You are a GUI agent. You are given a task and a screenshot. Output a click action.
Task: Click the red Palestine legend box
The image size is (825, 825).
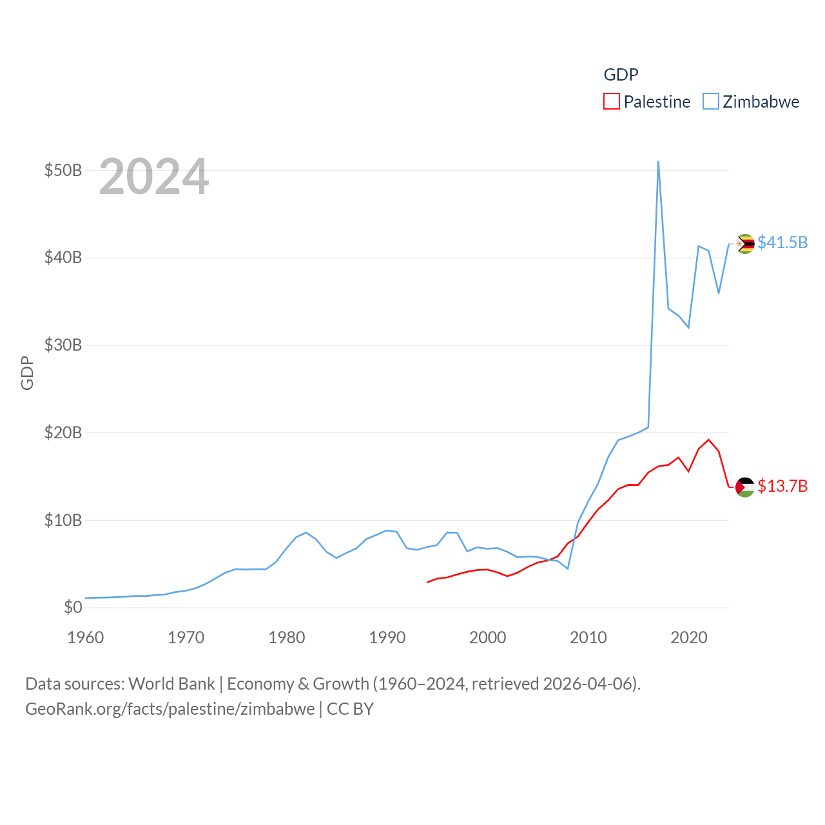point(611,102)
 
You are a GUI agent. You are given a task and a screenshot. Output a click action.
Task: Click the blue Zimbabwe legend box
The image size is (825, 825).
point(710,102)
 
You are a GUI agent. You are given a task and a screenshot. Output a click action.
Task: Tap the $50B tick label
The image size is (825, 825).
point(63,170)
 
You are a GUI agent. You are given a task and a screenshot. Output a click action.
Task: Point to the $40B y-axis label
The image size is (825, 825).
point(63,258)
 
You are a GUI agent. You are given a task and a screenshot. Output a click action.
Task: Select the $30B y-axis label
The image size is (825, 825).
point(63,345)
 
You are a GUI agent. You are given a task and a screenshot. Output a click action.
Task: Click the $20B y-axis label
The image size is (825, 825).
point(63,432)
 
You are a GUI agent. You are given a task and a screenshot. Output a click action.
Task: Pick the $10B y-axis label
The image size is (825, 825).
point(63,520)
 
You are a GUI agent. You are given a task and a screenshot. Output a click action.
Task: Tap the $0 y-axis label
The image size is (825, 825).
point(73,607)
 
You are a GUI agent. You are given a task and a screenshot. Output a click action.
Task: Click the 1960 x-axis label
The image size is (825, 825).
point(86,637)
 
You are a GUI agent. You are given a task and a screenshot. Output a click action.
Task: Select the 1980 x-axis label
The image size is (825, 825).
point(287,637)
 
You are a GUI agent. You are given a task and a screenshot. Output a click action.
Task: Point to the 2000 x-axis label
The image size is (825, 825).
point(488,637)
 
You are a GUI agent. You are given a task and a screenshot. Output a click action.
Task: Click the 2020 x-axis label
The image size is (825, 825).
point(689,637)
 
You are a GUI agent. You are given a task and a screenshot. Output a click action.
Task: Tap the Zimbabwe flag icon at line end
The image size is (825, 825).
point(745,244)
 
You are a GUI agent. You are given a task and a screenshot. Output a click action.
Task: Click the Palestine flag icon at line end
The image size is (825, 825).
point(745,487)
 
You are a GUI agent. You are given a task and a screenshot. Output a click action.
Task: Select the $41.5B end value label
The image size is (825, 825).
point(782,242)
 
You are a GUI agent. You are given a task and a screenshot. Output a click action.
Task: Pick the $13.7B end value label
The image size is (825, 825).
point(782,486)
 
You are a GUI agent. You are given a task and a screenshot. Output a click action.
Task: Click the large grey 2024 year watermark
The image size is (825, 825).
point(154,177)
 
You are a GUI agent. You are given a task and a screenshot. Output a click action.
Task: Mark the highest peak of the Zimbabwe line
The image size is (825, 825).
point(658,162)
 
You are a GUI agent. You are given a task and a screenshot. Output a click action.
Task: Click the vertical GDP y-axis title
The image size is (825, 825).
point(27,373)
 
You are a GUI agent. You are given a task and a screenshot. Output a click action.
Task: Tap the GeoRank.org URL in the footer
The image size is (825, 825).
point(170,709)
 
